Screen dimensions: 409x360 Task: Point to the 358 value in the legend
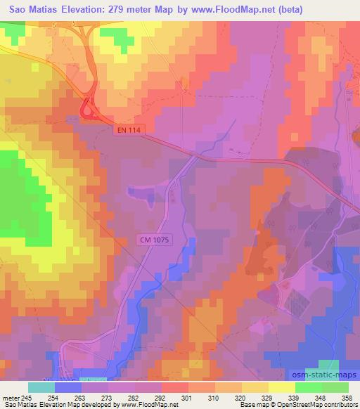pyautogui.click(x=347, y=397)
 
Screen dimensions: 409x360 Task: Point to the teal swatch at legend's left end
pyautogui.click(x=41, y=387)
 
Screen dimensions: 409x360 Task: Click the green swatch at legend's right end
pyautogui.click(x=335, y=387)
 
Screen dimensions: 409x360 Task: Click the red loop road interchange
pyautogui.click(x=89, y=109)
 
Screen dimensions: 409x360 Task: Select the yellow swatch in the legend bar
pyautogui.click(x=282, y=387)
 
